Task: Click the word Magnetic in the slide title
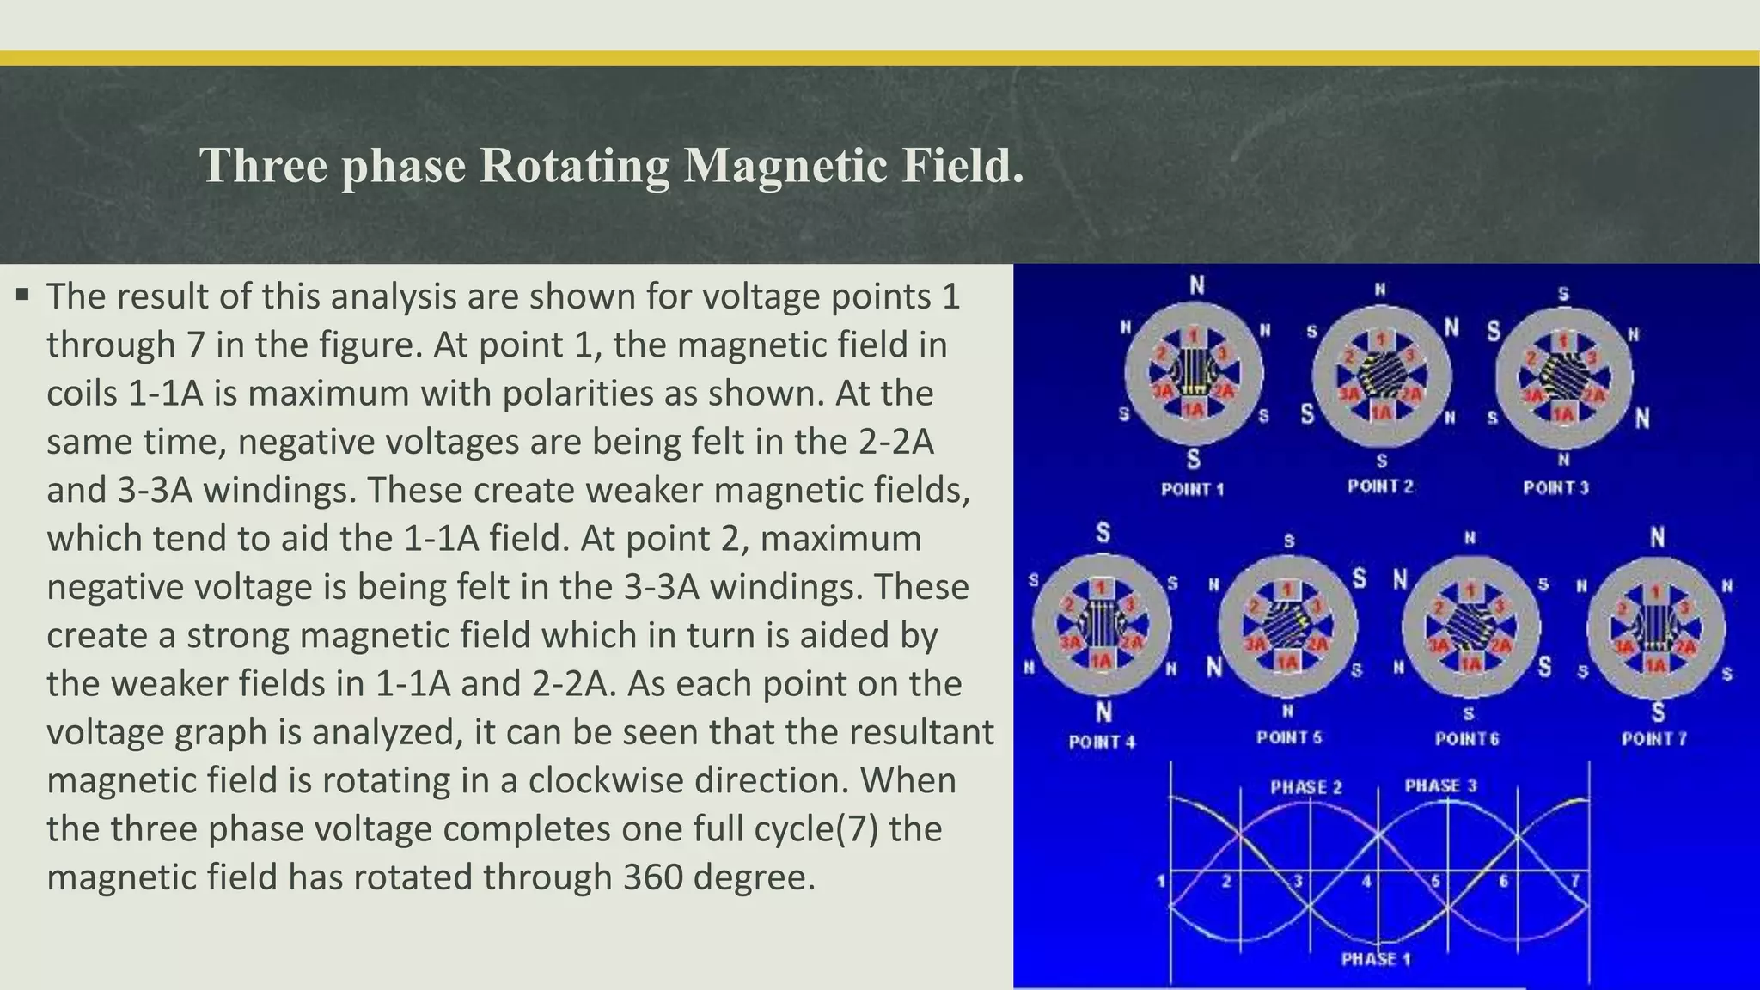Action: tap(785, 165)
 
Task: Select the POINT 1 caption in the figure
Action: tap(1192, 489)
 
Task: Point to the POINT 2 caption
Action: tap(1380, 486)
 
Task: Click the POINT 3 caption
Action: tap(1555, 488)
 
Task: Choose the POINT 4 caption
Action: tap(1102, 742)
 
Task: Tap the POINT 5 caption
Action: tap(1289, 737)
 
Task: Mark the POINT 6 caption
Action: tap(1467, 738)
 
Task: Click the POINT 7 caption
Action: tap(1654, 738)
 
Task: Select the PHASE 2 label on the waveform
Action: tap(1306, 787)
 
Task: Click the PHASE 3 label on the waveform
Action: tap(1440, 785)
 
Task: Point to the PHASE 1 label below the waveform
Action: tap(1376, 959)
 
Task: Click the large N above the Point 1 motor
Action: tap(1196, 285)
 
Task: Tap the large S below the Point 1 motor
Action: tap(1194, 460)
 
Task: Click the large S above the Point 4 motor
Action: tap(1103, 534)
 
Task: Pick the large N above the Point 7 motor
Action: tap(1657, 538)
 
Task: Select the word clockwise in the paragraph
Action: tap(688, 780)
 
